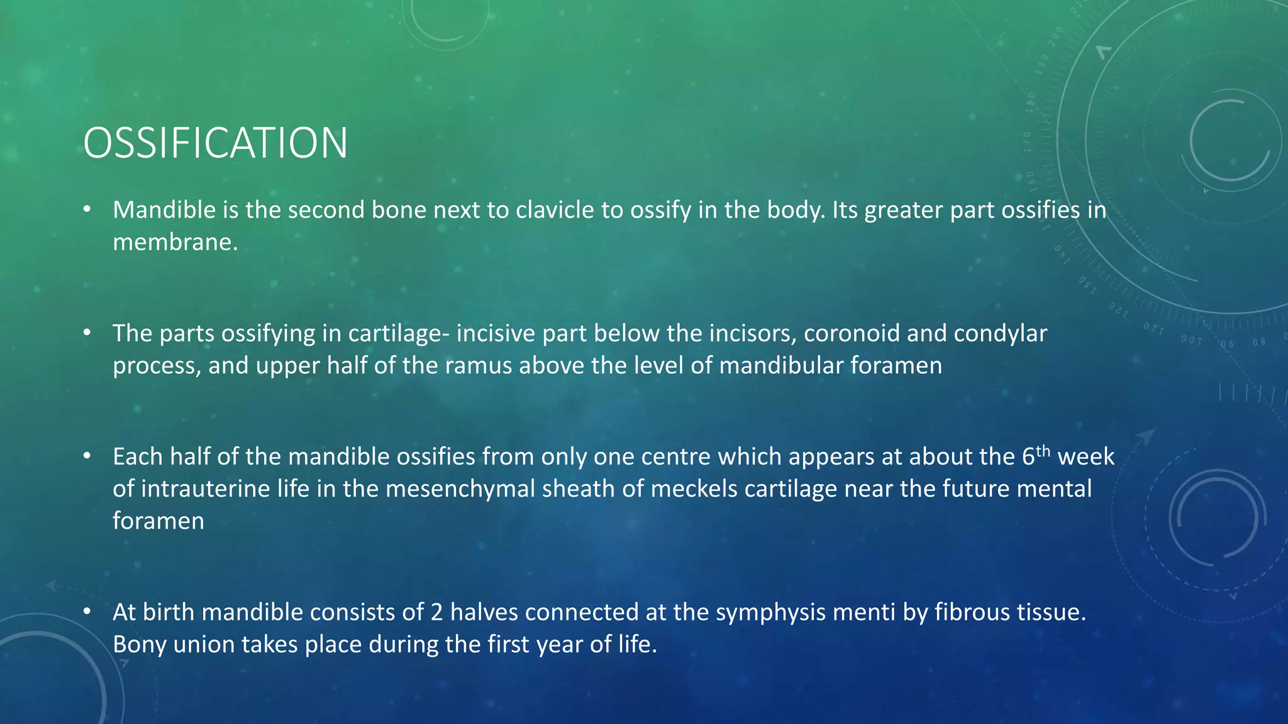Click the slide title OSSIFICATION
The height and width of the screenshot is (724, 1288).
215,143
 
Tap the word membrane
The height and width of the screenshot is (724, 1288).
175,242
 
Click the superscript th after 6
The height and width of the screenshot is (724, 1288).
1043,451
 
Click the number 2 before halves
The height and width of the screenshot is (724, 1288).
436,612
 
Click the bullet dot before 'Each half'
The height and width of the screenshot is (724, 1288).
87,456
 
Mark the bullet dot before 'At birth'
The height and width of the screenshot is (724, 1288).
87,612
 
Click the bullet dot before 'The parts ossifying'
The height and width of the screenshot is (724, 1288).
87,332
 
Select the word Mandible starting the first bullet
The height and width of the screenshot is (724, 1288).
164,210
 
